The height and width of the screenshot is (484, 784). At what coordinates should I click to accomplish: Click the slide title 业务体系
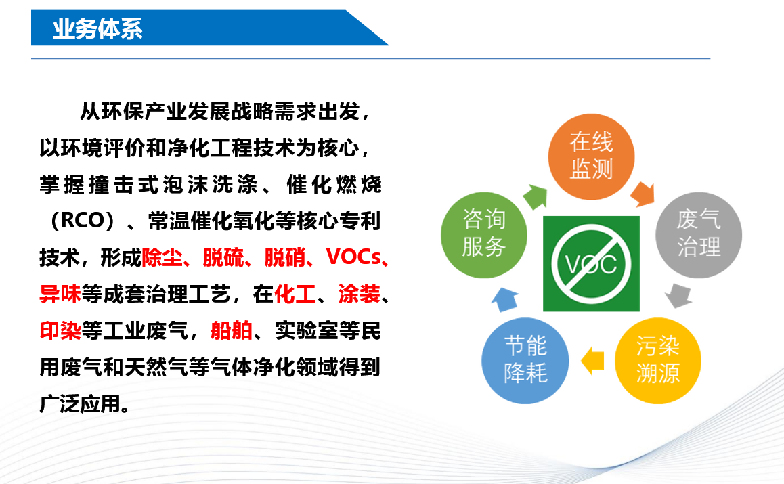click(97, 28)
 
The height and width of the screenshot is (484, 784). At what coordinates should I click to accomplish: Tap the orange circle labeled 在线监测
click(591, 156)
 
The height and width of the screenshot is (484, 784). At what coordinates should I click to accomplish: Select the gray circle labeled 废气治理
click(699, 234)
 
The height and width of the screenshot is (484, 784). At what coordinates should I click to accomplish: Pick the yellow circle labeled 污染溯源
click(657, 361)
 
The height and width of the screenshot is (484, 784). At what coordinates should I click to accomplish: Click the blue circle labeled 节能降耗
click(525, 361)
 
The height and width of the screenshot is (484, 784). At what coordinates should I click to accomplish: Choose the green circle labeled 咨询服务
click(483, 234)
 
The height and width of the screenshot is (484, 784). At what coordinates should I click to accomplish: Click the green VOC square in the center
click(591, 263)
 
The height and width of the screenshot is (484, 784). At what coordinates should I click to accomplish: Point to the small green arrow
click(536, 196)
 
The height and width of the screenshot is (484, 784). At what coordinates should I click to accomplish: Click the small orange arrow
click(643, 194)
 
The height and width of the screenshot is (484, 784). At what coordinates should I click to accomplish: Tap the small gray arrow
click(678, 296)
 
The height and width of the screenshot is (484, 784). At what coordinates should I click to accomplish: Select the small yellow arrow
click(592, 361)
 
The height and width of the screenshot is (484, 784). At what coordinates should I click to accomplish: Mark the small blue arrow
click(505, 299)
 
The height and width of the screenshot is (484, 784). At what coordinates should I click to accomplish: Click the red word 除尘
click(162, 257)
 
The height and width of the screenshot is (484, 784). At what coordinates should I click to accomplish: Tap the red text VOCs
click(353, 257)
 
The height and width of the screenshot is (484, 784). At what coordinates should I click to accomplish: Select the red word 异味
click(60, 294)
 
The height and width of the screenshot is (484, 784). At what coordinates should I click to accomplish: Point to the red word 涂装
click(359, 294)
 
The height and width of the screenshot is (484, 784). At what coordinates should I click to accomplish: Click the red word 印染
click(60, 330)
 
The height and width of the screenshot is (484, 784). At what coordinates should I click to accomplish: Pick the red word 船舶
click(232, 330)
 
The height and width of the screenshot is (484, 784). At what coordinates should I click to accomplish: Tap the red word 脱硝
click(284, 257)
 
